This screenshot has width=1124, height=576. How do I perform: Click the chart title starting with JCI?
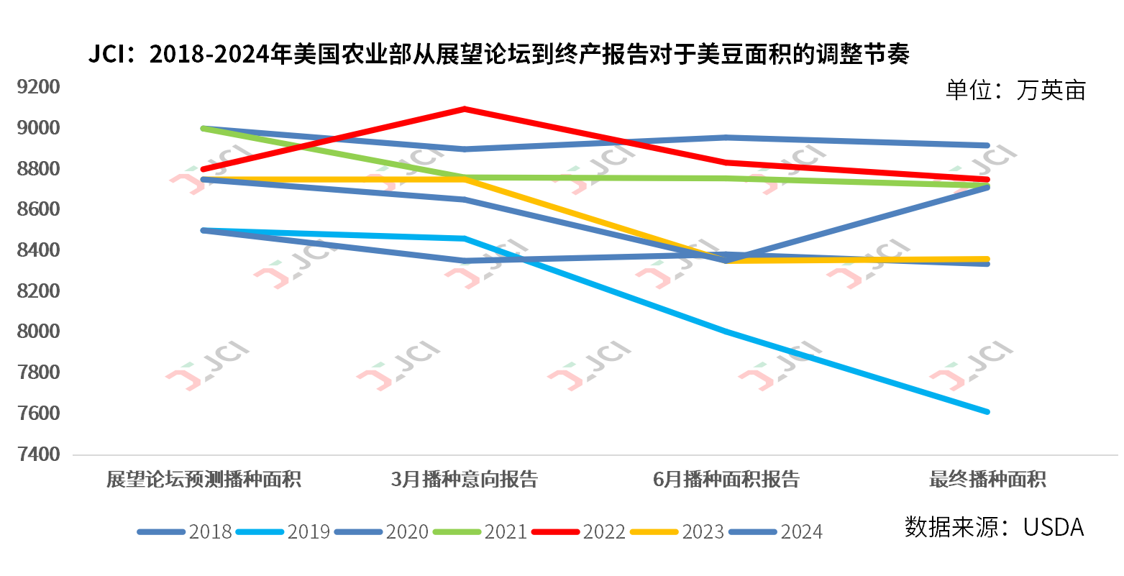498,55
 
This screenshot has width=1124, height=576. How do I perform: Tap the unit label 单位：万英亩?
1015,91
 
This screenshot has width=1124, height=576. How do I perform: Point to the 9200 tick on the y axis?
39,87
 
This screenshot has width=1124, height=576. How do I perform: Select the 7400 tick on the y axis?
39,454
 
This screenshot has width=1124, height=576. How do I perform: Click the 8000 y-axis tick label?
39,332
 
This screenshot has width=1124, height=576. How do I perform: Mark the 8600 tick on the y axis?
39,209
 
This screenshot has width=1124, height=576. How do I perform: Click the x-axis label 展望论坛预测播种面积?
204,480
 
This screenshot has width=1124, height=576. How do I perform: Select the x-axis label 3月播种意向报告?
465,480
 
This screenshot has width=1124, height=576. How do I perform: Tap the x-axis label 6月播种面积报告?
726,480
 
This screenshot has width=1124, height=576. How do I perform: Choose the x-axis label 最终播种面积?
987,480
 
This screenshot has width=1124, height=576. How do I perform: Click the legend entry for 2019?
308,532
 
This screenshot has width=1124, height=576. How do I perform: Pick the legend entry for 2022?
603,532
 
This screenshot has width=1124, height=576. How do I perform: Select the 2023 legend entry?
702,532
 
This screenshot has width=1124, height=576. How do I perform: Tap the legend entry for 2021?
505,532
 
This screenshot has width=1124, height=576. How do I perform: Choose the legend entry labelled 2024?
800,532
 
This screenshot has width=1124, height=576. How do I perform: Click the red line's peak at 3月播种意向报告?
465,109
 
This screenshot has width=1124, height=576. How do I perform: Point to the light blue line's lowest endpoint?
987,412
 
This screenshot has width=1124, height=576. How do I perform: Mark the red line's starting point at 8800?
204,169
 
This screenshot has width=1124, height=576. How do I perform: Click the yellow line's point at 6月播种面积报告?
726,260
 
